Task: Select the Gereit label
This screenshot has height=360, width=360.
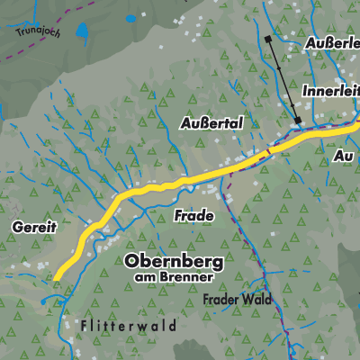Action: coord(35,228)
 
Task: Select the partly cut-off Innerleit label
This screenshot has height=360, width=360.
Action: coord(329,91)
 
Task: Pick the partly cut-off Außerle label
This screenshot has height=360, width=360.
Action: coord(332,42)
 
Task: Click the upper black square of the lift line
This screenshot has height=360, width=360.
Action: coord(268,40)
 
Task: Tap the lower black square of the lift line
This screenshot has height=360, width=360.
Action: coord(296,119)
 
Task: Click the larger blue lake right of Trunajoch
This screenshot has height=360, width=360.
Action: coord(83,33)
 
